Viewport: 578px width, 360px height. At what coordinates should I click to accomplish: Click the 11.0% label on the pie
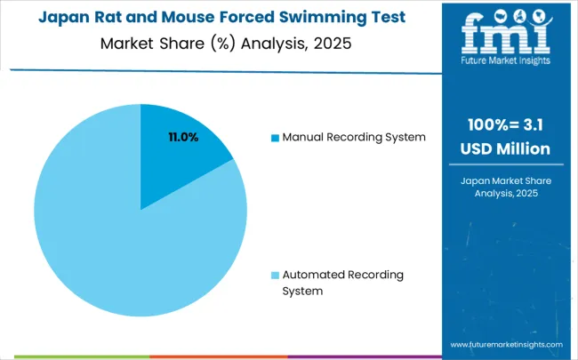183,137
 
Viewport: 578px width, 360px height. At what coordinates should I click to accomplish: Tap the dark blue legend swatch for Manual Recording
275,138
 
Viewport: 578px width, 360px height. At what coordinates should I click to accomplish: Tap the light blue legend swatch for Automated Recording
275,276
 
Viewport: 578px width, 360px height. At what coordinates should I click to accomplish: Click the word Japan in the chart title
63,18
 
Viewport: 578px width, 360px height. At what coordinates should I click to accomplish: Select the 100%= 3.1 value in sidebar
505,124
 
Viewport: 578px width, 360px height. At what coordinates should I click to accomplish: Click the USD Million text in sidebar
505,148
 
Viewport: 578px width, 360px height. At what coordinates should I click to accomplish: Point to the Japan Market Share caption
505,180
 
